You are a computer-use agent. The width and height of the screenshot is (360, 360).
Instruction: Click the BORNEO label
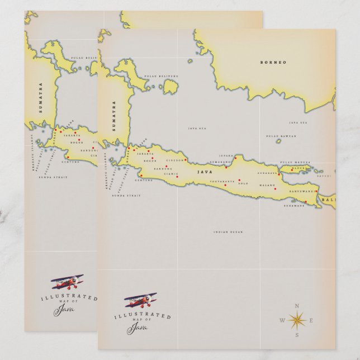pos(273,63)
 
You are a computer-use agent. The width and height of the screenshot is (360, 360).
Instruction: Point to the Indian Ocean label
pos(228,231)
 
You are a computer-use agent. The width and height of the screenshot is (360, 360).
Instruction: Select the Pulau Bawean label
pos(281,136)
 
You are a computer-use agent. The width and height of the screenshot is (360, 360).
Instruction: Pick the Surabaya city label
pos(267,173)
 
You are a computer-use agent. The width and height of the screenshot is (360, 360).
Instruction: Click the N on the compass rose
pos(297,305)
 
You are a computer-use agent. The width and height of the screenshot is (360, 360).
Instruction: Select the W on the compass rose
pos(282,320)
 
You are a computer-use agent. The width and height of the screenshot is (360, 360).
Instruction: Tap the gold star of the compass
pos(297,320)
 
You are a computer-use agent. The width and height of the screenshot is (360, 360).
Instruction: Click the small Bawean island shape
pos(278,141)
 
